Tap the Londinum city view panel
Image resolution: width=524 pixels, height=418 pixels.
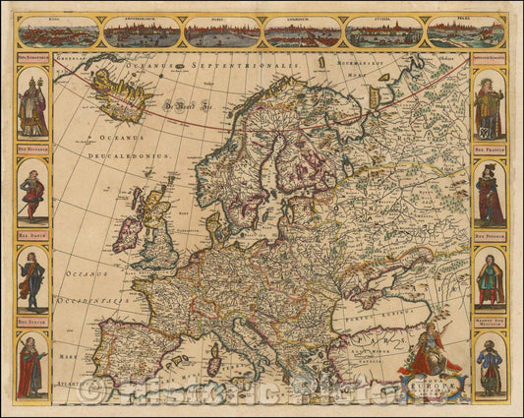[x=303, y=33]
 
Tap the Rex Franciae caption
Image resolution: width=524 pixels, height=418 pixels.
[x=490, y=147]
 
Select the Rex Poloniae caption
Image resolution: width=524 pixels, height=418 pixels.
[x=490, y=236]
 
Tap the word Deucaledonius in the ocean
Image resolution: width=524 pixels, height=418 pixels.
[x=129, y=155]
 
